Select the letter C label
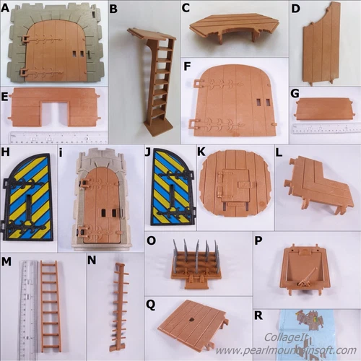[186, 9]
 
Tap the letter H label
[6, 153]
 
